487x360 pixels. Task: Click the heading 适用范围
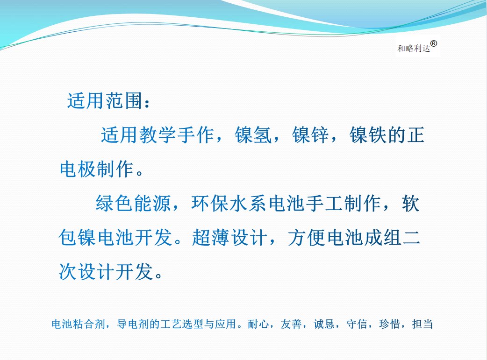[x=105, y=100]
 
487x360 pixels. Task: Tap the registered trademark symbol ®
[x=434, y=44]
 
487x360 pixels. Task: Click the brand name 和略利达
[x=414, y=49]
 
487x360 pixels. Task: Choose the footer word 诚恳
[x=324, y=324]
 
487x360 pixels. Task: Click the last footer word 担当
[x=423, y=324]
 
